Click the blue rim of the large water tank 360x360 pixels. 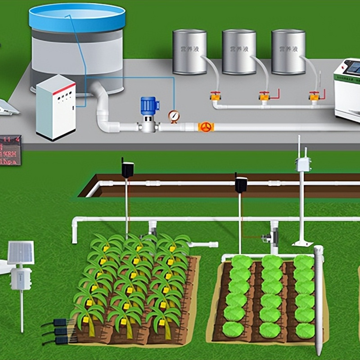[x=76, y=18]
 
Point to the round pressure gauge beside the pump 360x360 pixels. [x=174, y=117]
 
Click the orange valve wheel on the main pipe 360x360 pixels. [x=206, y=127]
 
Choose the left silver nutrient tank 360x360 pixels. [x=189, y=52]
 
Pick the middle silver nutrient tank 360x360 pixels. [x=239, y=52]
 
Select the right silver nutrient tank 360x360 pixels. [x=288, y=52]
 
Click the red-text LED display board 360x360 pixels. [x=10, y=150]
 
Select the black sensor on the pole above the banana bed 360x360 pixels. [x=127, y=170]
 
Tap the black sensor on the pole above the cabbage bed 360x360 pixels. [x=241, y=184]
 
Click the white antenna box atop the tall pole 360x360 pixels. [x=302, y=164]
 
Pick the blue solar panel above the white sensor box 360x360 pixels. [x=21, y=252]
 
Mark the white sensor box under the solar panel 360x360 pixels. [x=21, y=279]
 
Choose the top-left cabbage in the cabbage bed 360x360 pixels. [x=242, y=261]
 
